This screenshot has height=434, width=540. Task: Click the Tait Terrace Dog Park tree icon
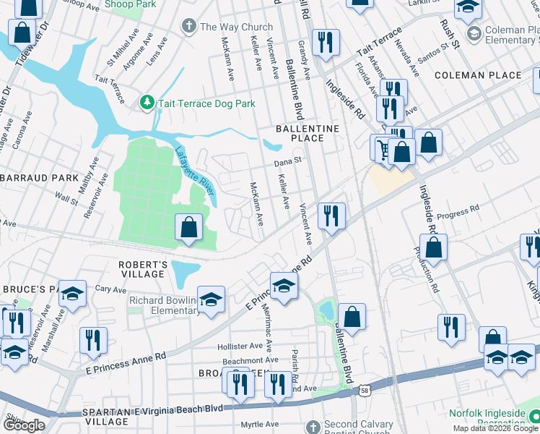pos(147,103)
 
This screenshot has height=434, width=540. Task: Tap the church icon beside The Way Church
pos(189,27)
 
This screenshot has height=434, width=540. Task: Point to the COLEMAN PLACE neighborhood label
pos(478,75)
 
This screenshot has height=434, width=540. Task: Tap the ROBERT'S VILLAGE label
pos(143,270)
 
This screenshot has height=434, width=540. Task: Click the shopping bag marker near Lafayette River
pos(188,227)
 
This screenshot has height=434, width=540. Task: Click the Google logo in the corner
pos(24,425)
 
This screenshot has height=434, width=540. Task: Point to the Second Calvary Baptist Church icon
pos(312,426)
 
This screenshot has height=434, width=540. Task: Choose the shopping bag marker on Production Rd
pos(435,247)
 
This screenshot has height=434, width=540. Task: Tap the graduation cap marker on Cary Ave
pos(73,293)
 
